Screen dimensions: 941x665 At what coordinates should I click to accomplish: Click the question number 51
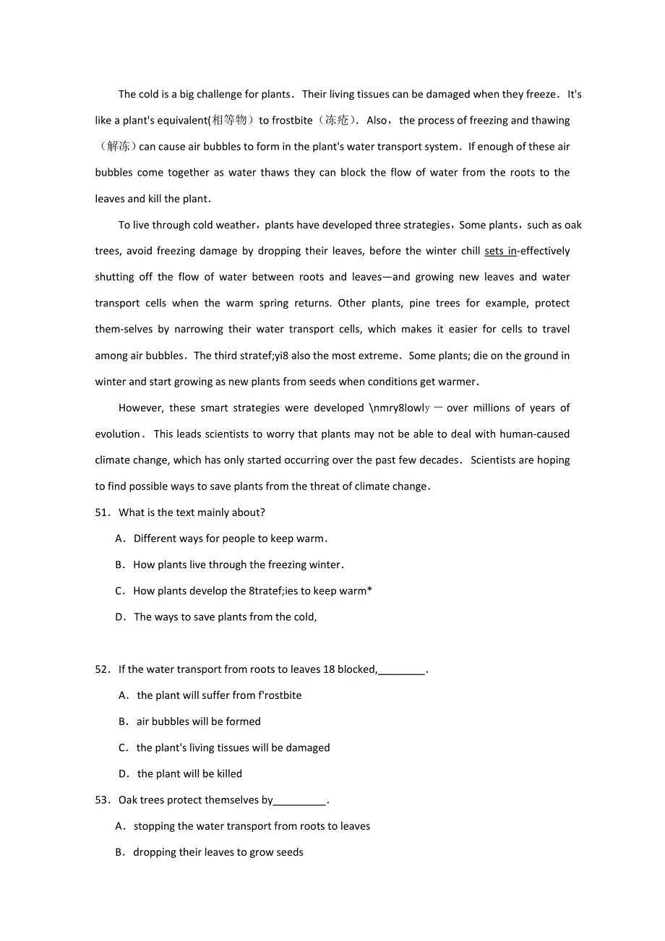pyautogui.click(x=101, y=512)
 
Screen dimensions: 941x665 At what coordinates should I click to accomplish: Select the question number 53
pyautogui.click(x=101, y=800)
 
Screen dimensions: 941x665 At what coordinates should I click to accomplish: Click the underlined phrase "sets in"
pyautogui.click(x=500, y=251)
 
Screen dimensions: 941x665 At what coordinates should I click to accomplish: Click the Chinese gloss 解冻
pyautogui.click(x=117, y=147)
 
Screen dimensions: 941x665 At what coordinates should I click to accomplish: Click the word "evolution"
pyautogui.click(x=118, y=434)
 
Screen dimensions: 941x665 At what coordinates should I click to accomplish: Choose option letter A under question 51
pyautogui.click(x=120, y=538)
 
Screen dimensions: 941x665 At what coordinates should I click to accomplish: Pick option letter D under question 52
pyautogui.click(x=124, y=774)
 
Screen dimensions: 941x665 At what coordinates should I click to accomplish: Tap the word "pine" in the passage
pyautogui.click(x=421, y=304)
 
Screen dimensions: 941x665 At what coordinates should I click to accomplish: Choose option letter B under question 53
pyautogui.click(x=120, y=853)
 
